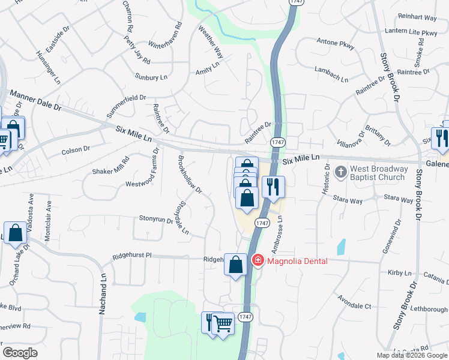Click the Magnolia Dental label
pyautogui.click(x=297, y=260)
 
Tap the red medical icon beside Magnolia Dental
pyautogui.click(x=258, y=260)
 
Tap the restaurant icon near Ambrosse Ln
pyautogui.click(x=273, y=187)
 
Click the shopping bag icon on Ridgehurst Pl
pyautogui.click(x=236, y=263)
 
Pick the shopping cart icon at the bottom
pyautogui.click(x=223, y=324)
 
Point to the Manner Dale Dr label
pyautogui.click(x=36, y=102)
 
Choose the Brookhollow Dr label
pyautogui.click(x=190, y=175)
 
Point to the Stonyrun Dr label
pyautogui.click(x=156, y=219)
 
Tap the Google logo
pyautogui.click(x=20, y=353)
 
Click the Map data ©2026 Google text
pyautogui.click(x=411, y=355)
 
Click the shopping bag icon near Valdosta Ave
pyautogui.click(x=14, y=233)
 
